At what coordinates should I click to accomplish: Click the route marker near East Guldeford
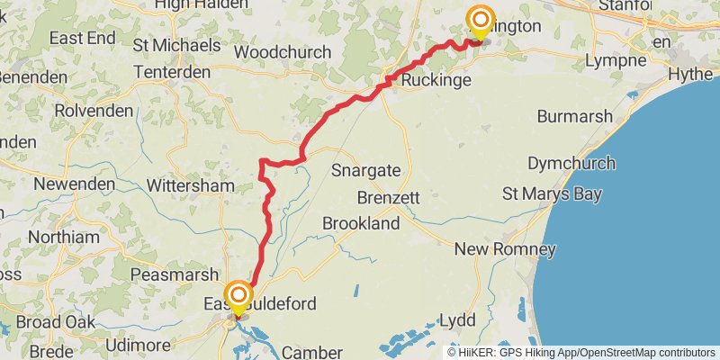238,296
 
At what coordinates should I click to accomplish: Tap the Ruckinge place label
436,81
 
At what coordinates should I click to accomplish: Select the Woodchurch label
283,52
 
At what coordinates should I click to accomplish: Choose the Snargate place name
365,170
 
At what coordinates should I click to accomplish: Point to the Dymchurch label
571,163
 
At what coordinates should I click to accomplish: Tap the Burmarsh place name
574,116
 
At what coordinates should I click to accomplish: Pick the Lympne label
616,60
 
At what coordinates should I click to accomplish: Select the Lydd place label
457,320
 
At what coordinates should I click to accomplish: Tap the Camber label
311,352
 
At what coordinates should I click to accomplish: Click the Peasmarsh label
175,274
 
